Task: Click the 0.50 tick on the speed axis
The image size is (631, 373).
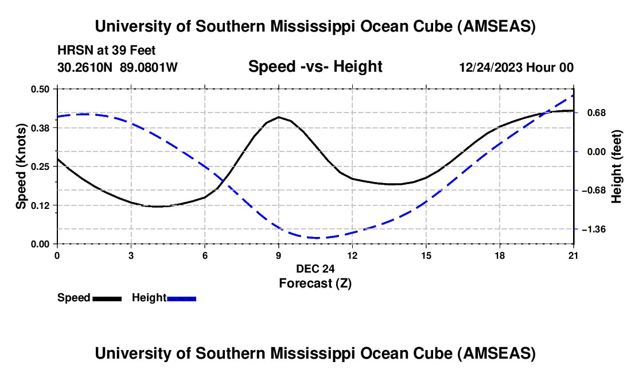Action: coord(57,89)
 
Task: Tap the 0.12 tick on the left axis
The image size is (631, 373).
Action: coord(57,205)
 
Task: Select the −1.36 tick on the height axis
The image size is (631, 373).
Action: coord(574,229)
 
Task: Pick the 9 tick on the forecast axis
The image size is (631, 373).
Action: coord(279,244)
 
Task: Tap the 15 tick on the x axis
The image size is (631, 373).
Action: coord(426,244)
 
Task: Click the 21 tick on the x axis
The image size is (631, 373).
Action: coord(574,244)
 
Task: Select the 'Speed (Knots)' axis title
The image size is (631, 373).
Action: coord(21,166)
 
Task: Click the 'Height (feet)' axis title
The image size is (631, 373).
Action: coord(617,166)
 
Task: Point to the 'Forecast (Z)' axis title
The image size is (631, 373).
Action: coord(315,283)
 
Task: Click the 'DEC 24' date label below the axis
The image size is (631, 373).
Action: coord(315,269)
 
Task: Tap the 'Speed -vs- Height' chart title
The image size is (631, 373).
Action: coord(315,67)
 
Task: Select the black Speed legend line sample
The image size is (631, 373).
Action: coord(107,298)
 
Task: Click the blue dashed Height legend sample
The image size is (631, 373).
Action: coord(181,298)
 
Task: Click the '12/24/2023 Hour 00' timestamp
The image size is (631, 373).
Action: coord(516,67)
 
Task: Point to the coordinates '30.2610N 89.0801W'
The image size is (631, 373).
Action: coord(118,67)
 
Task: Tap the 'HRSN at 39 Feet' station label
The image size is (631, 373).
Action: coord(107,51)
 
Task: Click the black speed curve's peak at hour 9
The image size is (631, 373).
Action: coord(279,117)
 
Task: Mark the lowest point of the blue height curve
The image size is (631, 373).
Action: coord(315,238)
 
